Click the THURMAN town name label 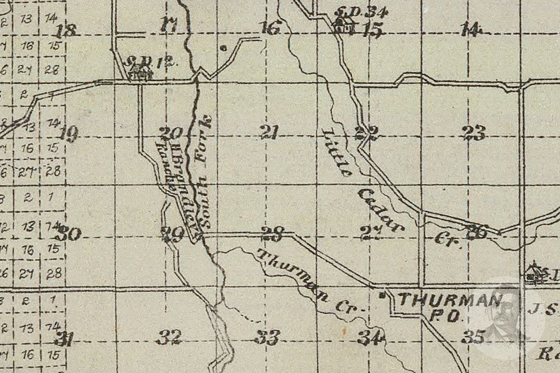[x=450, y=300]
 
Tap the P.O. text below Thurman [x=445, y=317]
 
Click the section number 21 [x=270, y=133]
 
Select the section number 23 [x=474, y=133]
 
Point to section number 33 [x=268, y=337]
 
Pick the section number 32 [x=169, y=337]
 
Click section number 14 [x=470, y=30]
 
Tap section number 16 [x=270, y=28]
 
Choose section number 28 [x=272, y=234]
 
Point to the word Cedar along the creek [x=380, y=210]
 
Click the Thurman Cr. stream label [x=309, y=283]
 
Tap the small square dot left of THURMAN [x=382, y=295]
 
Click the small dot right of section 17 [x=223, y=48]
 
